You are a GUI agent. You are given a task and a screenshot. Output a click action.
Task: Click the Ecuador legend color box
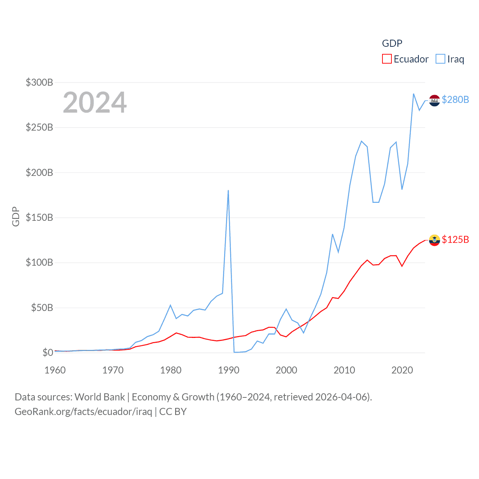387,59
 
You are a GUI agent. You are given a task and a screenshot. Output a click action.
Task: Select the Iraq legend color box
440,59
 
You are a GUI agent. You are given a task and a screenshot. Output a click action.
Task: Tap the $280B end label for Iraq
455,100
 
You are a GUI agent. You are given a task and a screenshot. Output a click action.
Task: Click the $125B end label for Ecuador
455,239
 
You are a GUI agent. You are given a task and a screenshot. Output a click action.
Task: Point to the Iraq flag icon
434,100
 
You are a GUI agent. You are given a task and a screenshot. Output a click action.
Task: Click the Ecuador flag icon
434,240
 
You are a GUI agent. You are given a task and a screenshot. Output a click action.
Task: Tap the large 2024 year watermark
95,103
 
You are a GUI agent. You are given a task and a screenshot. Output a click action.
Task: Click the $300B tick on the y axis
39,82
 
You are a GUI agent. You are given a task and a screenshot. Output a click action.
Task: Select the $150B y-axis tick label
39,217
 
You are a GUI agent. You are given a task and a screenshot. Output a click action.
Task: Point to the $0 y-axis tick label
48,353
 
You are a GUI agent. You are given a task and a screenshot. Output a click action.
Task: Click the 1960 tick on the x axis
55,370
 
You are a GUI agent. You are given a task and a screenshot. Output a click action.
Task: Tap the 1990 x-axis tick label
229,370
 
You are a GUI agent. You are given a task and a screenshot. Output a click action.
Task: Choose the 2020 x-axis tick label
402,370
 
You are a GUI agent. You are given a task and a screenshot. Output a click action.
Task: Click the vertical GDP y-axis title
16,216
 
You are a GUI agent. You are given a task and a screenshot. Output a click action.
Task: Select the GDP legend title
392,43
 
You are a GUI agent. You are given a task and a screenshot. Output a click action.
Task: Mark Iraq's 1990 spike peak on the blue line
228,190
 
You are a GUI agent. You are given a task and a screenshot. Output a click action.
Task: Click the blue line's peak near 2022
414,94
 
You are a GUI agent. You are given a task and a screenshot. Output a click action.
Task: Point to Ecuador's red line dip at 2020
402,266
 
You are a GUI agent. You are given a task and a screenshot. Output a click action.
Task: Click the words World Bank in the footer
100,397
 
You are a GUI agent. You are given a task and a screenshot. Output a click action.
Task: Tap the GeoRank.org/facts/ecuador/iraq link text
83,412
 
